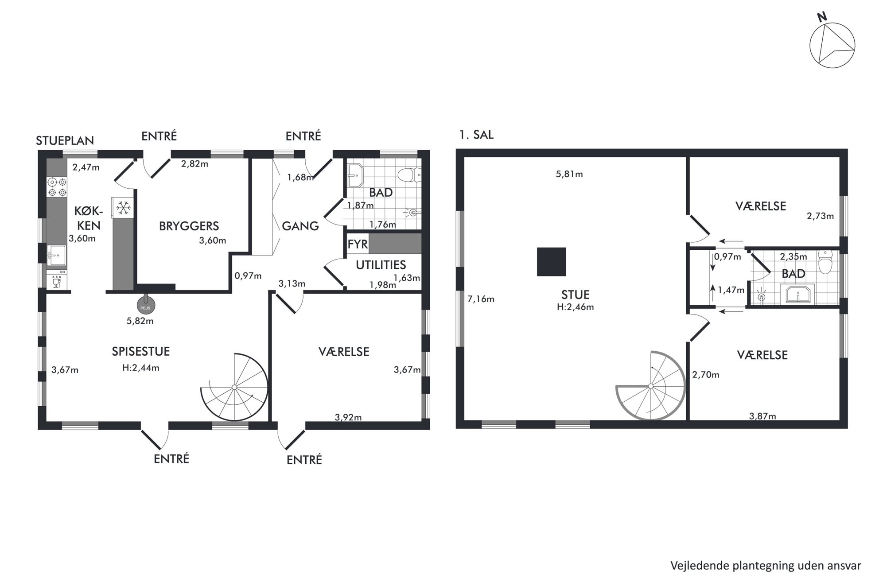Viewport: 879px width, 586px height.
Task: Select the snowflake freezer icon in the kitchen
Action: [x=123, y=207]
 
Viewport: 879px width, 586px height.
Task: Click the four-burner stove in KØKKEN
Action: [x=57, y=186]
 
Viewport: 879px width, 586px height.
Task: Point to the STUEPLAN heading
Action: [x=65, y=140]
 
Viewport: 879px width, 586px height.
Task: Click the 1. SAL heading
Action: [x=476, y=135]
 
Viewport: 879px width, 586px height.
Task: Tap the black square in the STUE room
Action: [x=551, y=262]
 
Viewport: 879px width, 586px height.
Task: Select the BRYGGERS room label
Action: [x=189, y=226]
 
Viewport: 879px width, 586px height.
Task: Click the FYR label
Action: [x=358, y=244]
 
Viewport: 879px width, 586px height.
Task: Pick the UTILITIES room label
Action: [x=381, y=265]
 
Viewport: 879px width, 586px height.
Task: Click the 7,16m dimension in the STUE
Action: [x=481, y=299]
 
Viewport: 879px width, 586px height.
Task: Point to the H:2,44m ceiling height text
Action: [x=141, y=368]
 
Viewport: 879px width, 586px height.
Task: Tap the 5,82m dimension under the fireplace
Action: [x=140, y=321]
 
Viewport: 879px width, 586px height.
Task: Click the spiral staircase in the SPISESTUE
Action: [x=234, y=387]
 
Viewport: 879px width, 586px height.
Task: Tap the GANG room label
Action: [x=300, y=226]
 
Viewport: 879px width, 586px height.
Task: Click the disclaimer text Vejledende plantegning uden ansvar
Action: [x=766, y=566]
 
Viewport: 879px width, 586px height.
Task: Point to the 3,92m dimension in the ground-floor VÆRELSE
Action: [x=348, y=417]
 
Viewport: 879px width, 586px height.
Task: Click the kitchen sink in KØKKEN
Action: [x=57, y=256]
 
